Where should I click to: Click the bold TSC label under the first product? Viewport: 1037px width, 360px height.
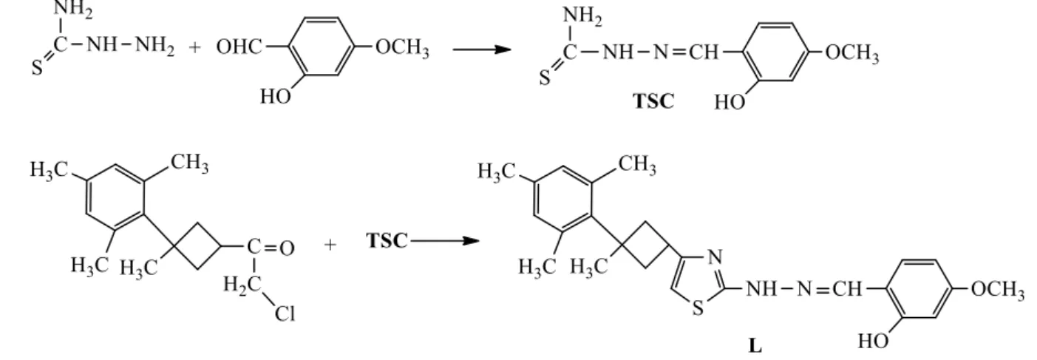tap(653, 101)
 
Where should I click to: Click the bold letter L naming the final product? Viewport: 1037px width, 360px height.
tap(755, 346)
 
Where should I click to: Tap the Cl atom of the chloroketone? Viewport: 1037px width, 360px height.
tap(285, 313)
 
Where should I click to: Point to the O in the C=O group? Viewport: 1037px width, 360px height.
tap(287, 248)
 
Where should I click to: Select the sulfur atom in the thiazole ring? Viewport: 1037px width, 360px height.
tap(698, 308)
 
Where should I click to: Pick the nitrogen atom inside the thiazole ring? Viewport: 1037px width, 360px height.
tap(715, 257)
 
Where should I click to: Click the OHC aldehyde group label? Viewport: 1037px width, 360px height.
tap(239, 47)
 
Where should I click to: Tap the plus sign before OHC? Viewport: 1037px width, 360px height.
tap(195, 47)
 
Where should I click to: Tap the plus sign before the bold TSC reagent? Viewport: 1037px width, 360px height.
tap(330, 245)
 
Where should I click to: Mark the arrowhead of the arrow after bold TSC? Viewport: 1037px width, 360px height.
tap(472, 241)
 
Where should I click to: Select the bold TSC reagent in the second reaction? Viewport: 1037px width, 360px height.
tap(387, 241)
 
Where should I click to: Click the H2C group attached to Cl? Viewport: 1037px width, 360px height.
tap(242, 284)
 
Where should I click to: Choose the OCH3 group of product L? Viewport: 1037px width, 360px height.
tap(998, 290)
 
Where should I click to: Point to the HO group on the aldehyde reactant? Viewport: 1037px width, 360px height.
tap(276, 96)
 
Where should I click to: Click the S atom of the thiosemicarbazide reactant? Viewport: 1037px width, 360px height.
tap(37, 68)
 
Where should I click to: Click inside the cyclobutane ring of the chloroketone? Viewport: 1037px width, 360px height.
tap(197, 246)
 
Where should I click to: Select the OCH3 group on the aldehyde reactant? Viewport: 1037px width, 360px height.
tap(402, 47)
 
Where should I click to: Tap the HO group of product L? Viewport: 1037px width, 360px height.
tap(873, 341)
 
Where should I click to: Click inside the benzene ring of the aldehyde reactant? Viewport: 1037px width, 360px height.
tap(322, 47)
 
